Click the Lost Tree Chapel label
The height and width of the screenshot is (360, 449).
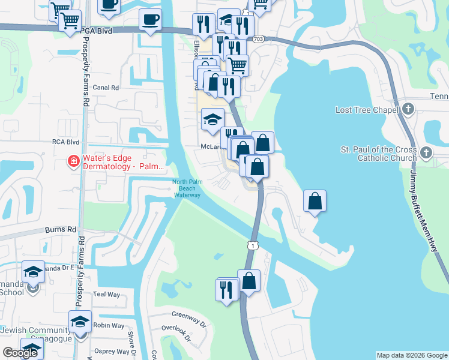coord(367,110)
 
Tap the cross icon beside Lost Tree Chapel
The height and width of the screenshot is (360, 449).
coord(409,109)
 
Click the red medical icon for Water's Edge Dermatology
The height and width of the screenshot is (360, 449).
coord(73,161)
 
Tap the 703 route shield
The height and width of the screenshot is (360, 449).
coord(258,38)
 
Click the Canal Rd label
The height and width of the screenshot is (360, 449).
coord(106,87)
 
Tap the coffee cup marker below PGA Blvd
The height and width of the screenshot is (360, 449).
coord(149,19)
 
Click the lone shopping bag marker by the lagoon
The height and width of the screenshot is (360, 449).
coord(315,202)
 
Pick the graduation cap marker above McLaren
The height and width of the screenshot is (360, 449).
coord(212,119)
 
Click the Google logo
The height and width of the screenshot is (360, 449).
coord(20,353)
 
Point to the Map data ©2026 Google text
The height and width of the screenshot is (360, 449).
coord(411,355)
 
